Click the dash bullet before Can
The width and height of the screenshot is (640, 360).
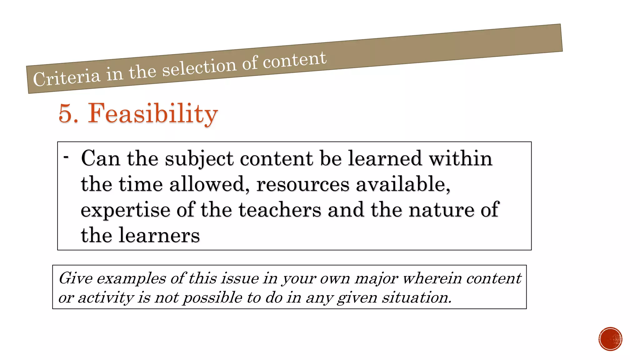tap(66, 157)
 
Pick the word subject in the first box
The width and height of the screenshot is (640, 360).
tap(199, 159)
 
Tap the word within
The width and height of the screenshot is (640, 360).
tap(460, 158)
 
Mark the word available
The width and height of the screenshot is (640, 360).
tap(403, 184)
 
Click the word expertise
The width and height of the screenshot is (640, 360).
tap(125, 210)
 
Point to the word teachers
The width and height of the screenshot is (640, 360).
tap(280, 210)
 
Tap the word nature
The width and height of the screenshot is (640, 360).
tap(441, 210)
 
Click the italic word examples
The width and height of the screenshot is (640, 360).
tap(131, 278)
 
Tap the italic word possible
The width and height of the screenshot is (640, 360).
tap(212, 297)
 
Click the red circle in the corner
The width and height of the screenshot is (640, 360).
tap(610, 339)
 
